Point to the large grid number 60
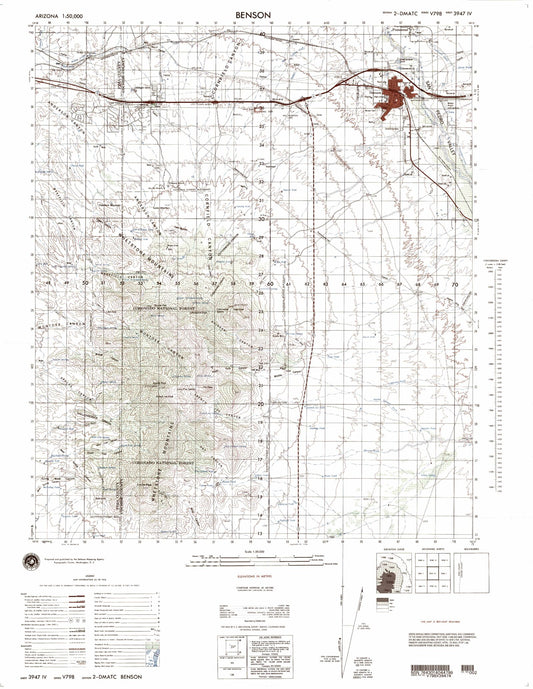(271, 284)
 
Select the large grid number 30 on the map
(259, 216)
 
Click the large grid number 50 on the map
(87, 284)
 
